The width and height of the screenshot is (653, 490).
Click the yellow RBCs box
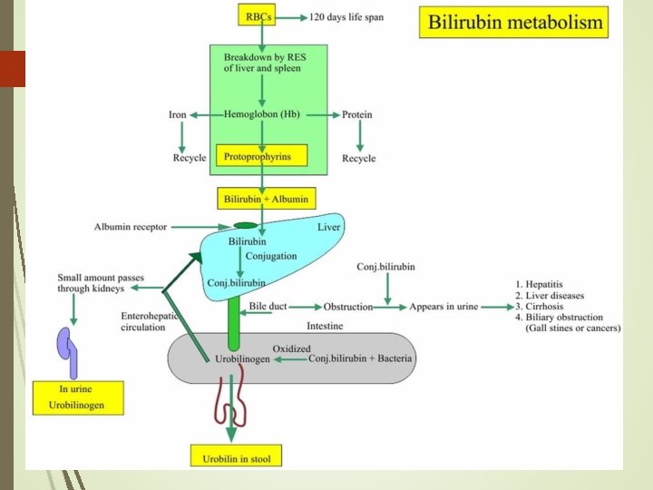pos(261,16)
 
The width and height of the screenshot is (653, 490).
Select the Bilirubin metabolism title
pos(512,23)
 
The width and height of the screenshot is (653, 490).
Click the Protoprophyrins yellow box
pos(261,156)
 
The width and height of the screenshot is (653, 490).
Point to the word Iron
pos(178,114)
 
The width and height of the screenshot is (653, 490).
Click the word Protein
pos(356,114)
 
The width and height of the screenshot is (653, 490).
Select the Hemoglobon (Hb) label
pos(262,114)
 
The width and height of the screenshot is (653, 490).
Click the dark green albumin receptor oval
pos(245,225)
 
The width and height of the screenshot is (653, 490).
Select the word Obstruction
pos(348,307)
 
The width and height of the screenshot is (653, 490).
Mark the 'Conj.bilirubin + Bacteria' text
pos(360,358)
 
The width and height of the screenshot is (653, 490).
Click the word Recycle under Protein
pos(358,159)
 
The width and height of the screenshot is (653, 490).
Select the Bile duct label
pos(268,307)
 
